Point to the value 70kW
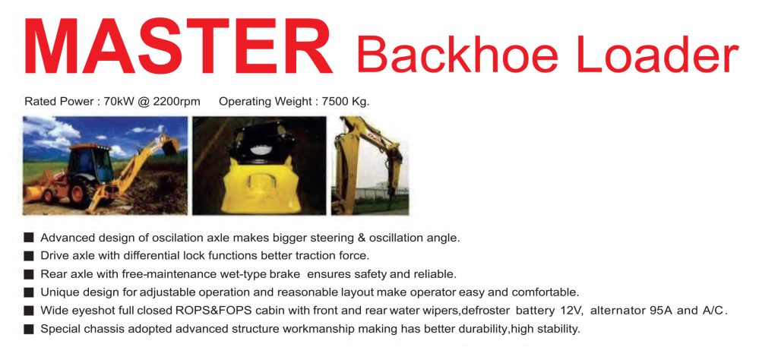[116, 102]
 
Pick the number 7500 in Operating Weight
[335, 102]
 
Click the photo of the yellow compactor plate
[259, 166]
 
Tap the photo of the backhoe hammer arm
[370, 166]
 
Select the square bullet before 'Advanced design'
[29, 238]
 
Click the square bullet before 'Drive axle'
[29, 257]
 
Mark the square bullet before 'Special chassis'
[29, 330]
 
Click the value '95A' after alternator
[662, 311]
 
